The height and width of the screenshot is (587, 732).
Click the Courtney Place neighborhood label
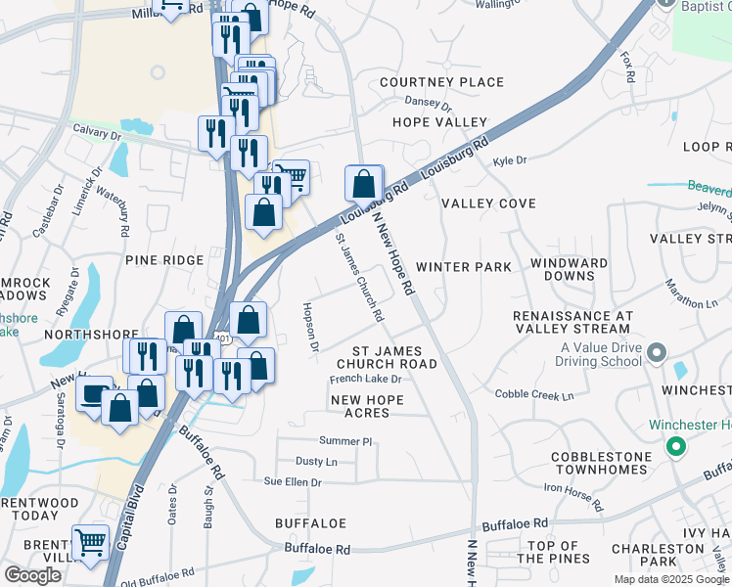point(428,82)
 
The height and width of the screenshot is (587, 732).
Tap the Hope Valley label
point(439,122)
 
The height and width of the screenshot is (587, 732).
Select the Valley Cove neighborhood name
point(488,203)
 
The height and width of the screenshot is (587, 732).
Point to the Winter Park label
point(464,266)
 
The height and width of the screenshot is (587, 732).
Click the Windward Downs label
point(569,271)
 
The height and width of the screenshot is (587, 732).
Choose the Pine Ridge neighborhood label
point(164,260)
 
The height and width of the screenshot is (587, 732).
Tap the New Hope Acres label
point(374,406)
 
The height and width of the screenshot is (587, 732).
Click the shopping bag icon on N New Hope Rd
point(364,183)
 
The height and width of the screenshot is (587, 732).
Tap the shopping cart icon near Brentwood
point(90,541)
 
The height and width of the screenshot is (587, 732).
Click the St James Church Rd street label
point(359,277)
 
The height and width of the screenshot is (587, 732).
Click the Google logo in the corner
point(32,575)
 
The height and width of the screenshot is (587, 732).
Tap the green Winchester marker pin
point(675,447)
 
